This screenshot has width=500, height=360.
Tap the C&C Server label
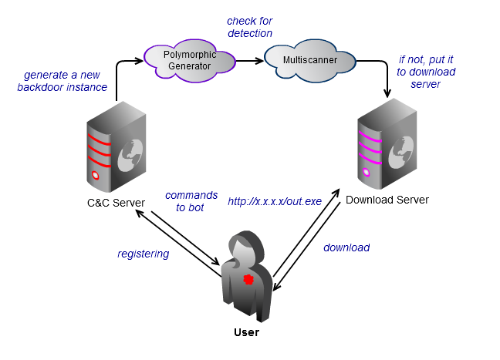coord(116,203)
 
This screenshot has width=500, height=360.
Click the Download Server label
coord(387,200)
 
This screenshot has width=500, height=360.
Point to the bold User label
coord(246,332)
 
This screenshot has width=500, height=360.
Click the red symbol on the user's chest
coord(248,279)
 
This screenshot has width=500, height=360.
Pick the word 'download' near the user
coord(346,247)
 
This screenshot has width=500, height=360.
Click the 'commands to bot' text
coord(191,201)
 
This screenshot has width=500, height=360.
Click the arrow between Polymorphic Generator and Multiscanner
coord(248,60)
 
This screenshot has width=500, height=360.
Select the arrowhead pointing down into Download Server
coord(386,93)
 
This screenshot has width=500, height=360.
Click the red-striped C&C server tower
coord(115,151)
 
